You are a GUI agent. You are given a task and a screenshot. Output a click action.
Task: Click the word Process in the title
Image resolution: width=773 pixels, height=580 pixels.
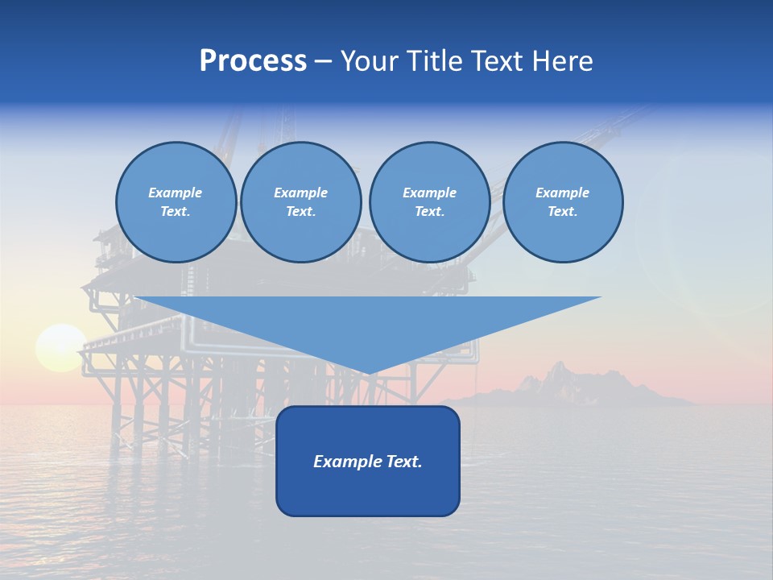253,61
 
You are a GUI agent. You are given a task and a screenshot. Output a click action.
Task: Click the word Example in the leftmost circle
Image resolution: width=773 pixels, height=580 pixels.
175,193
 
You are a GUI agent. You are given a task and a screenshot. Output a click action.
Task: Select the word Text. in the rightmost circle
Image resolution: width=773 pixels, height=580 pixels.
562,212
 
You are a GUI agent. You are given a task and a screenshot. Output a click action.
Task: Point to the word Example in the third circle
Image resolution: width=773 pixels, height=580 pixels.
429,193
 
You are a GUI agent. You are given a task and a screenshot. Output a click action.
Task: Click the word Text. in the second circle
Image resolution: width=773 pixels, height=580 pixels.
300,212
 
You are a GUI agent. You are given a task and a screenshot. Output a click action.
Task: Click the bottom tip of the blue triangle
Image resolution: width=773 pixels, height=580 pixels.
368,372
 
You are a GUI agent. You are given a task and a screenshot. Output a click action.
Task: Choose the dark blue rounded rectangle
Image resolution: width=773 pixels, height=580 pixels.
368,491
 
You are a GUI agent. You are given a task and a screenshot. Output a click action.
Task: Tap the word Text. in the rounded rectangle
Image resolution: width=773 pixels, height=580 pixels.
404,462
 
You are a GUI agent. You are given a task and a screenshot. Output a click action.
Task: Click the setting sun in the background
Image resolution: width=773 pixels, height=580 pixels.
60,347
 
